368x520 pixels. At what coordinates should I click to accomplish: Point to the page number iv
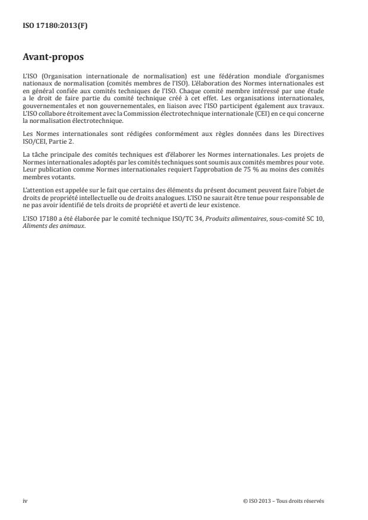(25, 501)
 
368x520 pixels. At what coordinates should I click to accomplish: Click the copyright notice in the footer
(284, 501)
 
